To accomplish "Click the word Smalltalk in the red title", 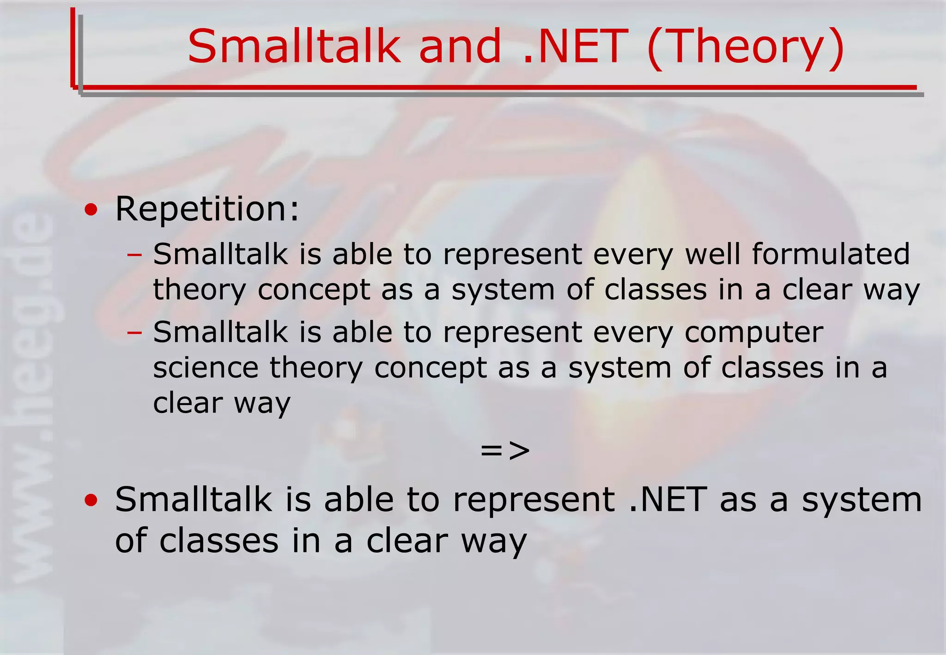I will [294, 46].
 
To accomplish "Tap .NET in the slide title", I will [575, 46].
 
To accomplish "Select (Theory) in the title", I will [746, 47].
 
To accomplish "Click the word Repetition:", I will [207, 209].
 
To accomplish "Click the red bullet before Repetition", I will [91, 211].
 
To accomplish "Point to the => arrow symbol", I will [505, 450].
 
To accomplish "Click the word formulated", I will [831, 254].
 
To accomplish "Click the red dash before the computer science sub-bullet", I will [134, 332].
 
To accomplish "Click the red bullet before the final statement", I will [91, 500].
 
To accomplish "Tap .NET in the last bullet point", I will [668, 500].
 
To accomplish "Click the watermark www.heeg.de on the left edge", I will [31, 397].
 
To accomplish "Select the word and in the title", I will [460, 46].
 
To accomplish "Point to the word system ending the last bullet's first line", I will [861, 500].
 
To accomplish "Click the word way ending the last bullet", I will [493, 542].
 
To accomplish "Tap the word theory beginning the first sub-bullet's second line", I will [200, 291].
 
